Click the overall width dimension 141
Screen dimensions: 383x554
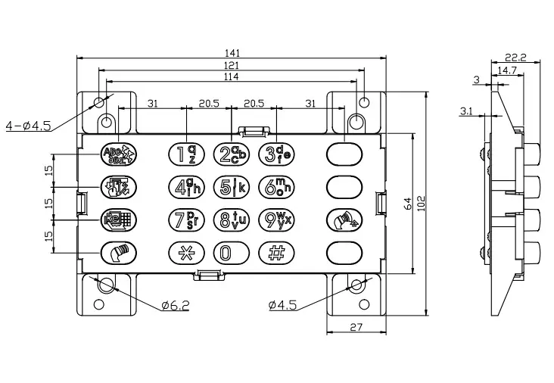[232, 53]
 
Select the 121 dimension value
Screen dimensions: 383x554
[232, 66]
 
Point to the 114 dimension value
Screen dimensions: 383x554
[232, 76]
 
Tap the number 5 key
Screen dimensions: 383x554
[229, 186]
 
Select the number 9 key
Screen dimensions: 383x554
[275, 220]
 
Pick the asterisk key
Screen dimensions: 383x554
[182, 252]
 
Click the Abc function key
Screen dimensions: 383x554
[118, 154]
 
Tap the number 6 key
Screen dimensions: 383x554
[275, 186]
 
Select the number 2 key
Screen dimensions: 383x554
[229, 154]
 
